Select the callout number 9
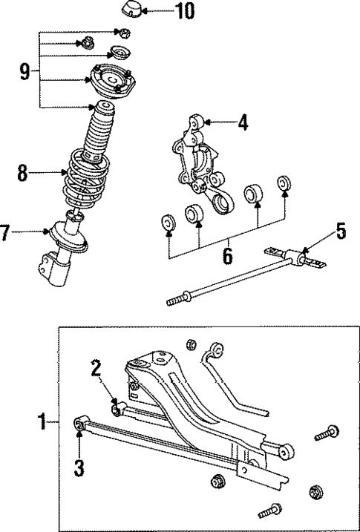25,72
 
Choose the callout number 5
341,232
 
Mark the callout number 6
227,256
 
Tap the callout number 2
96,368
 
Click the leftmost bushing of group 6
168,222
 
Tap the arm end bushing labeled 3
80,425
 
